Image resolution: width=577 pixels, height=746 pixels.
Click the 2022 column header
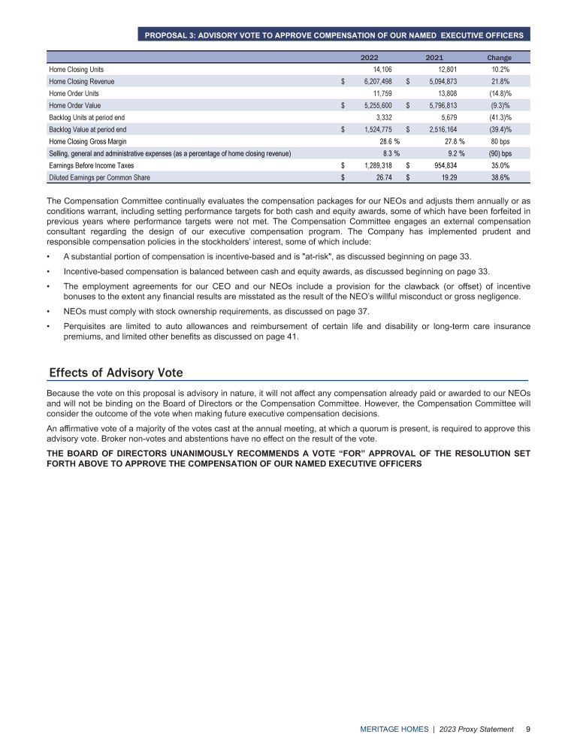tap(370, 58)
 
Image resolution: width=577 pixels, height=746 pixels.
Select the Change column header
tap(499, 58)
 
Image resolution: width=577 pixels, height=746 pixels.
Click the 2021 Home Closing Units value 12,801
tap(443, 69)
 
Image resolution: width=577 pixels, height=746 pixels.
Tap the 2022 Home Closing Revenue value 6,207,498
tap(373, 81)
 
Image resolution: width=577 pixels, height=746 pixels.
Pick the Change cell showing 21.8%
tap(500, 81)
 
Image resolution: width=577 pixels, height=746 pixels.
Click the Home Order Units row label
tap(74, 93)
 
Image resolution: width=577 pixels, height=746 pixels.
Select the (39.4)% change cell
tap(500, 129)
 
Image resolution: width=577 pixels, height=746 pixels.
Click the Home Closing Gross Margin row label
tap(87, 141)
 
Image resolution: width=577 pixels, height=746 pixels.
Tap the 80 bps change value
tap(501, 141)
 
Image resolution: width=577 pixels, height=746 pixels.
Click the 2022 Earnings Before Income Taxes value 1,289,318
tap(373, 165)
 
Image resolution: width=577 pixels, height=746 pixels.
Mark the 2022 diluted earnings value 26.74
tap(382, 177)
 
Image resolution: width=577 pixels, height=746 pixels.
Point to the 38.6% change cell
tap(500, 177)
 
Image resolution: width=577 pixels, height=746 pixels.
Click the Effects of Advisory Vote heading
tap(116, 373)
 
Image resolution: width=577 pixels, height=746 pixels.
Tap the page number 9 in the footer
tap(529, 729)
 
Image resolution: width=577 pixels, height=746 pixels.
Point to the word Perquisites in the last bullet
tap(85, 327)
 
